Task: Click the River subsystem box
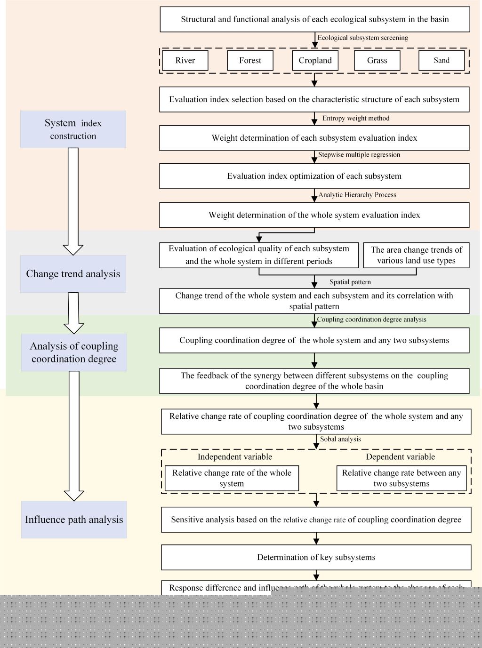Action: pos(185,60)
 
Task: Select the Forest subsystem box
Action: pos(250,60)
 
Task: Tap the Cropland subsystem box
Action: pos(315,60)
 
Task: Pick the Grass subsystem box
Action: pos(377,60)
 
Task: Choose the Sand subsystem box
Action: pos(442,60)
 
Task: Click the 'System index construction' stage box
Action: pos(73,129)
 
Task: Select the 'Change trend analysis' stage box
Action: pos(73,274)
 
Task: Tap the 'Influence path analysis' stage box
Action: pos(74,520)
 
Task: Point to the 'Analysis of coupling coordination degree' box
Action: pos(74,352)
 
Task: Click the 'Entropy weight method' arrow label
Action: pos(356,118)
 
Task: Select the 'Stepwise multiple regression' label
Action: pos(359,155)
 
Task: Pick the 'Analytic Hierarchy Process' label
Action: pos(357,195)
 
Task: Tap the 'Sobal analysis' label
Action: pos(340,439)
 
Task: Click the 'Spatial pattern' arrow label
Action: pos(350,282)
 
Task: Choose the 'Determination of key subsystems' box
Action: pos(316,557)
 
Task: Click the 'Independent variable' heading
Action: pos(235,457)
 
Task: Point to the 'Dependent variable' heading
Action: pos(401,457)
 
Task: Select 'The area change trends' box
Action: pos(416,255)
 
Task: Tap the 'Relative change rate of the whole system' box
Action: pos(232,478)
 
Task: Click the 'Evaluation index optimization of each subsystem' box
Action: pos(314,176)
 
